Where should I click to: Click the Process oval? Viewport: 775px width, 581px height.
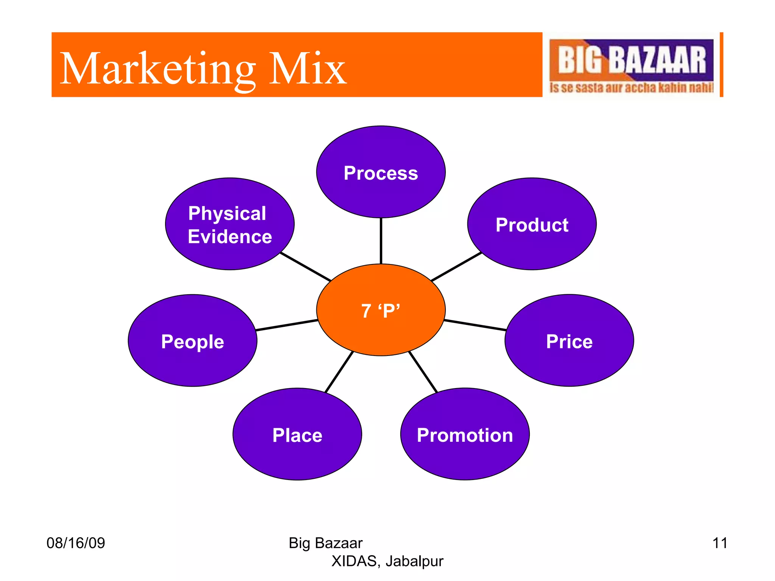click(381, 172)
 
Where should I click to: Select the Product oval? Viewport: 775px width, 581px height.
click(532, 224)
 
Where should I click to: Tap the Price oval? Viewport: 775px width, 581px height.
click(569, 340)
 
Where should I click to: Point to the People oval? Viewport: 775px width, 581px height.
click(193, 340)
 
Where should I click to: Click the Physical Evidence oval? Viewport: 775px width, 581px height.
click(230, 224)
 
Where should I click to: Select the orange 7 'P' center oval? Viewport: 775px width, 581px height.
click(381, 310)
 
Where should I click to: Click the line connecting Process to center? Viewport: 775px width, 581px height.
click(381, 241)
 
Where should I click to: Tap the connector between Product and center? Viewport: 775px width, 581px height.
click(456, 267)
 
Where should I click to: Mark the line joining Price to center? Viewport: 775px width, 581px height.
click(475, 325)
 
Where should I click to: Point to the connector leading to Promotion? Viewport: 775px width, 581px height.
click(423, 372)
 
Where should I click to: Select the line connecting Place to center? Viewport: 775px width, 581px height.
click(339, 372)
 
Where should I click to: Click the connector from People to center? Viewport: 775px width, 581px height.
click(287, 325)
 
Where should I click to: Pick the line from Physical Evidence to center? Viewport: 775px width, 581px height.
click(306, 267)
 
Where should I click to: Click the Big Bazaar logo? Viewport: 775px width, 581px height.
click(631, 65)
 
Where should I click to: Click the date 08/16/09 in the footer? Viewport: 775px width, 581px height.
click(76, 543)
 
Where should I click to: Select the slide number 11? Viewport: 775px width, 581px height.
click(719, 543)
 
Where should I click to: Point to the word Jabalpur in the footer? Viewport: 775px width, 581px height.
click(414, 561)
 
